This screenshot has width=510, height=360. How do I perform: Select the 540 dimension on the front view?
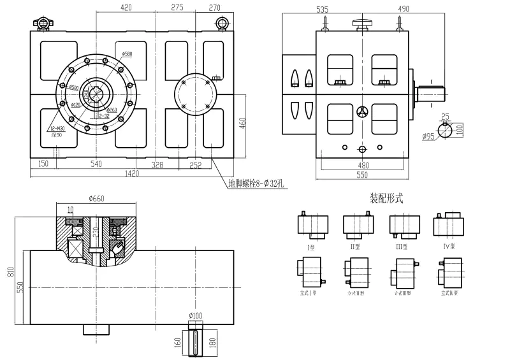click(x=96, y=164)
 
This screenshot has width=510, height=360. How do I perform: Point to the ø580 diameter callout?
click(x=127, y=54)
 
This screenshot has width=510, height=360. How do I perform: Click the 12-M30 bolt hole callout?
click(x=56, y=129)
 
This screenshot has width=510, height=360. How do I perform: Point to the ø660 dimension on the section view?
click(x=96, y=198)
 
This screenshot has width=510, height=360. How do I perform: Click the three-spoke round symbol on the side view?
click(x=362, y=112)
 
